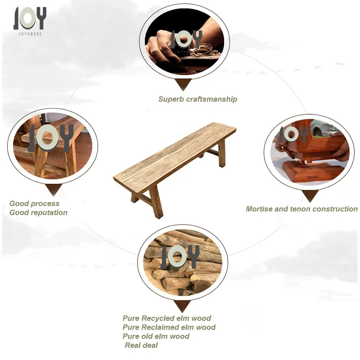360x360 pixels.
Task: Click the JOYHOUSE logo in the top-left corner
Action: [x=30, y=21]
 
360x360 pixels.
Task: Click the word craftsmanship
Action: [x=211, y=99]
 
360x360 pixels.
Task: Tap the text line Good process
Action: [x=35, y=204]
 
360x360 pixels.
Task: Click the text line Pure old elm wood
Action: [x=156, y=336]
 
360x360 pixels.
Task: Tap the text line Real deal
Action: [x=141, y=345]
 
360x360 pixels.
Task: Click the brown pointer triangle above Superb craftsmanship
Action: [x=183, y=84]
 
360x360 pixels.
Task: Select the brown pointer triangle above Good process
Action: [x=54, y=189]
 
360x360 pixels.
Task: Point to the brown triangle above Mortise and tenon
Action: [x=310, y=196]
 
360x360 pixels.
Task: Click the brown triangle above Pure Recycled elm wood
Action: [x=182, y=306]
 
